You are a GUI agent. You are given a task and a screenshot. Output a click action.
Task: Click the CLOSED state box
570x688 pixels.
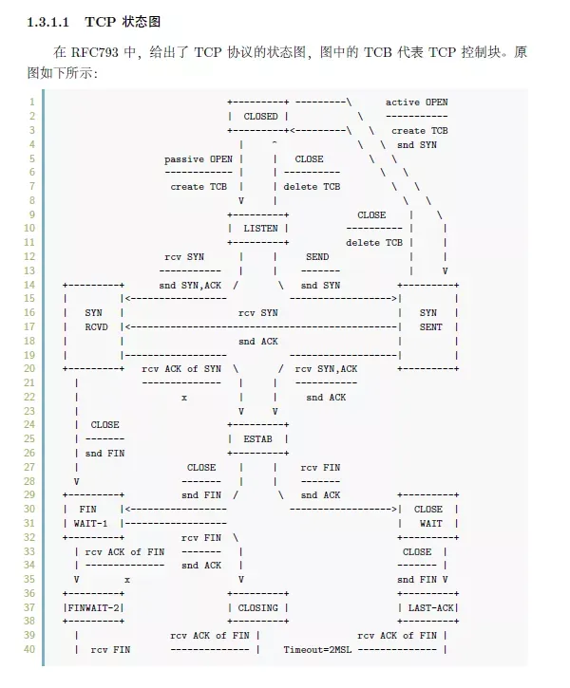257,116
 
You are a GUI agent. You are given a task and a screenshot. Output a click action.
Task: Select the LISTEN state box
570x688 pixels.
257,229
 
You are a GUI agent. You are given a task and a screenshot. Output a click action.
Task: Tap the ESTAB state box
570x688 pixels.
257,439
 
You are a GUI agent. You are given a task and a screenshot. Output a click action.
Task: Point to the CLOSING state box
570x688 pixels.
257,607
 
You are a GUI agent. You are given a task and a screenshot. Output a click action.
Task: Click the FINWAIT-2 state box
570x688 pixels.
94,607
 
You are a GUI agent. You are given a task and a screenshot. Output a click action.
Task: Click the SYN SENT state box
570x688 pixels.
428,320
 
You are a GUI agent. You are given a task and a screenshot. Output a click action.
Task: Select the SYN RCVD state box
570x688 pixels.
94,320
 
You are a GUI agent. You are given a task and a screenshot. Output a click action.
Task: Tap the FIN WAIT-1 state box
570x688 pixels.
94,516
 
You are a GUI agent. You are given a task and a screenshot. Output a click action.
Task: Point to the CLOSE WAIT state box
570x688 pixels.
428,516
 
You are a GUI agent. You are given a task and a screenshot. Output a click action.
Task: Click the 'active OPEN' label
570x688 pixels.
416,102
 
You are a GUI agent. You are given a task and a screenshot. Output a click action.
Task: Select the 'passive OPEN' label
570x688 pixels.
198,158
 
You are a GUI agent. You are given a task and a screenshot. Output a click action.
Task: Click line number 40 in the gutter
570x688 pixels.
29,649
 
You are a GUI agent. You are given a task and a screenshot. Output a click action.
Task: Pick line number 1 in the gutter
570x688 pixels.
32,102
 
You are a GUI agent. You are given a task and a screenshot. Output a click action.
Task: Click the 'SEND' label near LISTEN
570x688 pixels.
317,257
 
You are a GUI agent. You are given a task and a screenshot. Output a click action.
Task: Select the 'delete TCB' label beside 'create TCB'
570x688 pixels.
312,187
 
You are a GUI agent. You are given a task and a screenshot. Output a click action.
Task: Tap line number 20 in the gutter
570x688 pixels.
29,368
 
